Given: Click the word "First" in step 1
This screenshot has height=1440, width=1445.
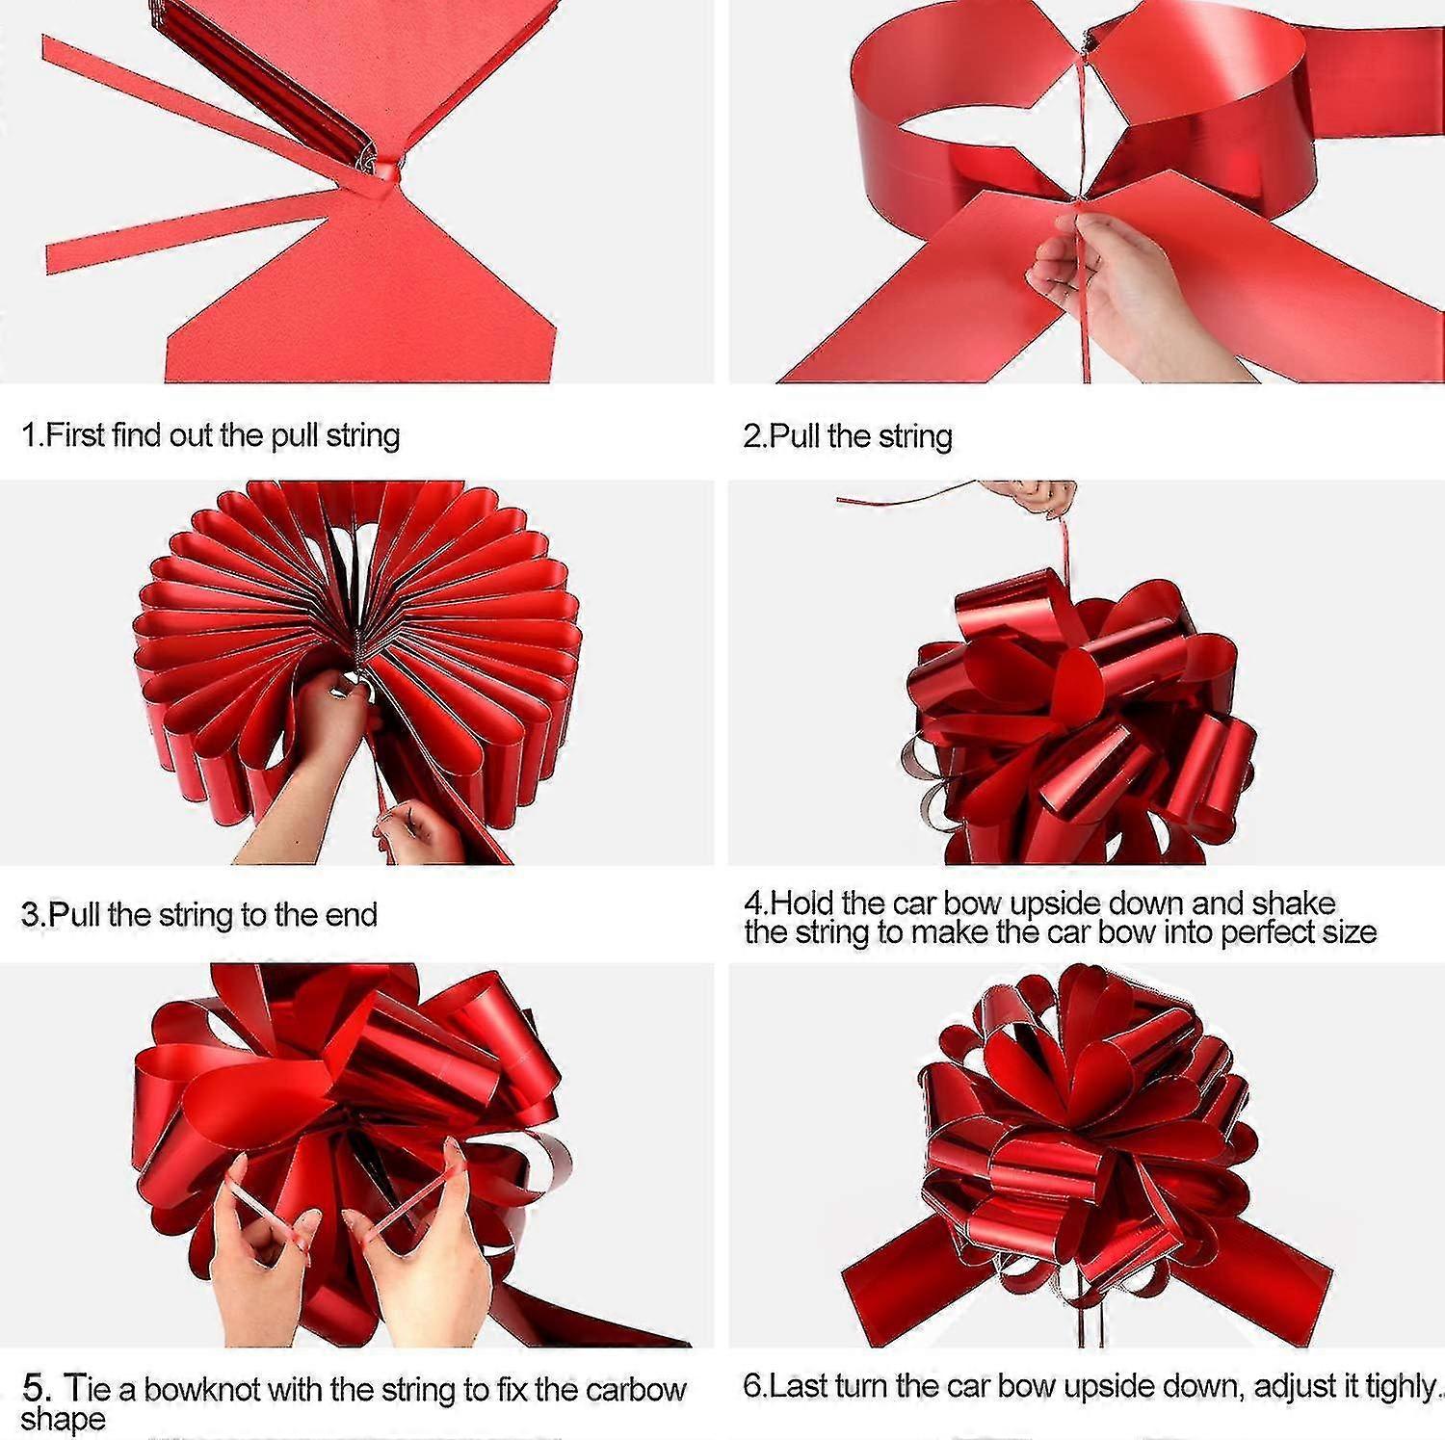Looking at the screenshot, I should [75, 435].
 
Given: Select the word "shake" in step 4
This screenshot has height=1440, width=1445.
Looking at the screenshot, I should [1293, 903].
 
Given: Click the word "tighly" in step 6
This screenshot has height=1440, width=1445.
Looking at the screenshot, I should [1402, 1386].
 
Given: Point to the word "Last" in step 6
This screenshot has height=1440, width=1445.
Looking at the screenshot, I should [801, 1386].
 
